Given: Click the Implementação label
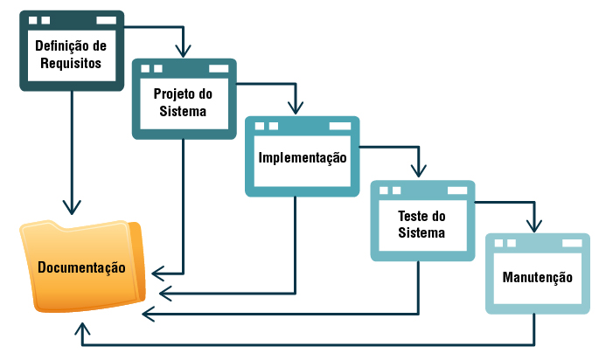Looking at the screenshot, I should (x=302, y=158).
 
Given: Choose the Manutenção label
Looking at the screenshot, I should (x=538, y=278).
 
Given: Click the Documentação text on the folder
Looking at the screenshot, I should (x=81, y=267).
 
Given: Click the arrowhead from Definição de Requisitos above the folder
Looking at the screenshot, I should (x=72, y=210).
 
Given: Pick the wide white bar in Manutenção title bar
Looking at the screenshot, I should (x=568, y=244).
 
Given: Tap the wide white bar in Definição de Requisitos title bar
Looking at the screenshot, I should (x=105, y=19).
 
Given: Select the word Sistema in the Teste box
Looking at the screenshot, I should (x=421, y=233).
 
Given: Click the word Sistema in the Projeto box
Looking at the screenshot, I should (x=183, y=111).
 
